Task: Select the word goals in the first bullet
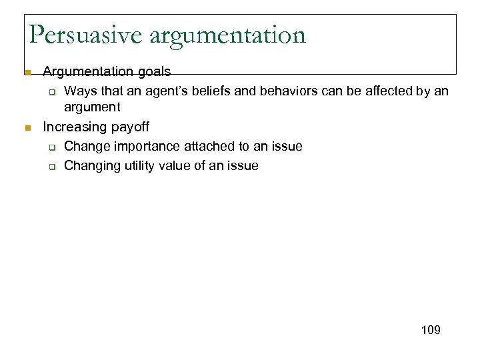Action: point(153,71)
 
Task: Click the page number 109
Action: point(431,330)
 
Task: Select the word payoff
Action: point(131,127)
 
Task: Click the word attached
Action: point(204,146)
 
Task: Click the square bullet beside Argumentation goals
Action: point(27,71)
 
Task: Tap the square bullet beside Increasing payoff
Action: point(27,127)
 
